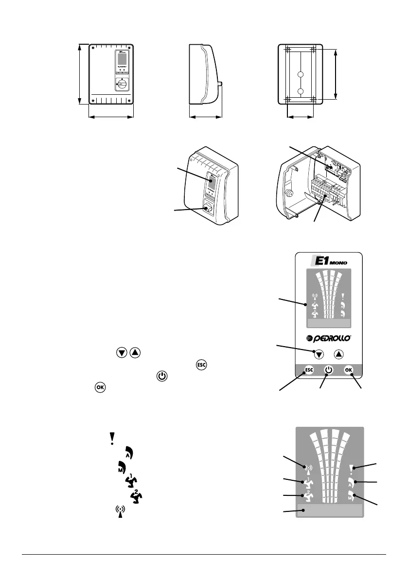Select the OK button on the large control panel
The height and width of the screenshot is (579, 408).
click(348, 369)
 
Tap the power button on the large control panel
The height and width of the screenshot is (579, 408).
click(329, 369)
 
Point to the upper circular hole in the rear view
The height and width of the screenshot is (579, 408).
click(301, 75)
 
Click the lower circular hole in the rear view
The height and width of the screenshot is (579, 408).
click(301, 91)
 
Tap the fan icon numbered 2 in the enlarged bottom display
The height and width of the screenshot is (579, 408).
click(307, 495)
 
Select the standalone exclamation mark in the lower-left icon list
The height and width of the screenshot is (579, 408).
click(112, 437)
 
